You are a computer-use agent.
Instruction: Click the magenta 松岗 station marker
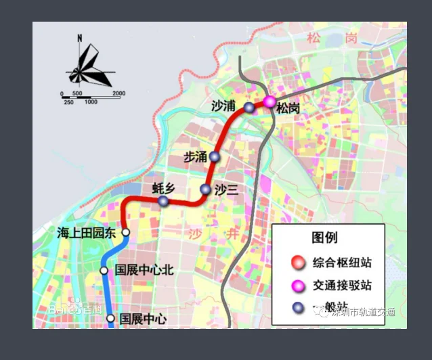pos(269,102)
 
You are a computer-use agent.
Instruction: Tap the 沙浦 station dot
pos(249,107)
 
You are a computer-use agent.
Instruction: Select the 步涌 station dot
pos(214,156)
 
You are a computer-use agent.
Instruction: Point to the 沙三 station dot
pos(206,189)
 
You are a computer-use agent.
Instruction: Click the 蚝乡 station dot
pos(163,201)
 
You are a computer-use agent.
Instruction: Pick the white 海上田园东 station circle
pos(125,232)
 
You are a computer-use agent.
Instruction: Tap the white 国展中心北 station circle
pos(104,271)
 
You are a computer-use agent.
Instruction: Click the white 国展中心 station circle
pos(110,317)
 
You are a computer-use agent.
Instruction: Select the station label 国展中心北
pos(144,270)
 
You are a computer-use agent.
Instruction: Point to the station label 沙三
pos(227,190)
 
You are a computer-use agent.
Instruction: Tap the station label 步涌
pos(195,157)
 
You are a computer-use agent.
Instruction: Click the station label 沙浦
pos(223,106)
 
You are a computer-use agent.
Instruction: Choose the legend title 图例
pos(324,238)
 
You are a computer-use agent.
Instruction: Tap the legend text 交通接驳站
pos(342,286)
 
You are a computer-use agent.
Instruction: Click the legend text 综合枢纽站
pos(342,263)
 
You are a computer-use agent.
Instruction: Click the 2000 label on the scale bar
pos(118,93)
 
